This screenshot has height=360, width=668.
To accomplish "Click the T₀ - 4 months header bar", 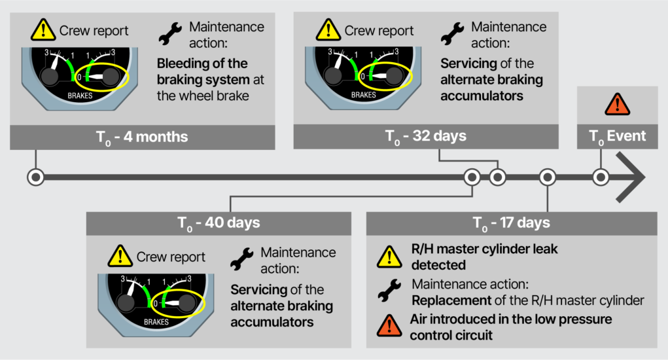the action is [x=142, y=137].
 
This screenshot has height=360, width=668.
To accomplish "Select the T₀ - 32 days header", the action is [x=426, y=136].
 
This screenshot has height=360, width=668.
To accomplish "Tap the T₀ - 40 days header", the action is [x=219, y=223].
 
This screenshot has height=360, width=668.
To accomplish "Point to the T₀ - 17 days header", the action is [x=512, y=223].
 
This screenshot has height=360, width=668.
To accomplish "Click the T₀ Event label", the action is [x=618, y=136].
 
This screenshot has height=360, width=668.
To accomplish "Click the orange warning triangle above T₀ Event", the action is [x=618, y=104].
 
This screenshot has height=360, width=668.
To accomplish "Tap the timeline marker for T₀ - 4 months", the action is [x=36, y=177].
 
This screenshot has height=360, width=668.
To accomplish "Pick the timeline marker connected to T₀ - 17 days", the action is [x=548, y=177].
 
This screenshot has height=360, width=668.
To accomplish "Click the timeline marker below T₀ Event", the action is [x=601, y=177].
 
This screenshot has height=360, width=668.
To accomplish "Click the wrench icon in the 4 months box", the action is [x=170, y=34].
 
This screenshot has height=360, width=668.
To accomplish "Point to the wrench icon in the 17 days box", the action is [x=389, y=291].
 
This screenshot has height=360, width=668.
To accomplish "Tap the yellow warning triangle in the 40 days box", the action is [x=120, y=256].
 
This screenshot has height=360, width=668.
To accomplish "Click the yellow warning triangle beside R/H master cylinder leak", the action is [x=389, y=257].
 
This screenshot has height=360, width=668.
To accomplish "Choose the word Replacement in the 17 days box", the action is [x=451, y=301].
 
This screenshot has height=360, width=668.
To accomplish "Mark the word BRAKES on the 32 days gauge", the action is [x=363, y=95].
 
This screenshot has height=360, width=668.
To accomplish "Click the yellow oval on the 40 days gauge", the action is [x=178, y=303].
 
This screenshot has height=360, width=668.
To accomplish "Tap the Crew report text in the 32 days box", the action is [x=379, y=31].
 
